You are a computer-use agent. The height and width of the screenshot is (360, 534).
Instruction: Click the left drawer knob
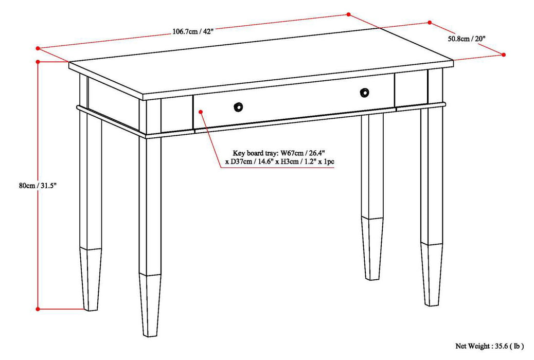(238, 107)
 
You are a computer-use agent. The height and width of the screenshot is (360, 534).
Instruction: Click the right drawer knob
(364, 92)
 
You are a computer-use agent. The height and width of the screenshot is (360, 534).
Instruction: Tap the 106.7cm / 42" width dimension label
(193, 32)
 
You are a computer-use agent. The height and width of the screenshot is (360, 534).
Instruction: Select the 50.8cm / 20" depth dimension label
(466, 39)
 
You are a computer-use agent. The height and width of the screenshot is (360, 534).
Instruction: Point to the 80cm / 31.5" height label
(37, 186)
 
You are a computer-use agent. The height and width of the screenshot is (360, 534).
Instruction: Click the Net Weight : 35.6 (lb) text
(489, 346)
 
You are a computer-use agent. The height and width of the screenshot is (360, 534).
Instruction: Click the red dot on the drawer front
(201, 112)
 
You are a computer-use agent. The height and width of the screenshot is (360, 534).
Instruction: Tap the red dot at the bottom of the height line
(38, 309)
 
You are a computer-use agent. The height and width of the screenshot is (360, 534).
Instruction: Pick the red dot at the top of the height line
(38, 62)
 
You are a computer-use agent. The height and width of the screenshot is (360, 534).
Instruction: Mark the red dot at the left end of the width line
(38, 48)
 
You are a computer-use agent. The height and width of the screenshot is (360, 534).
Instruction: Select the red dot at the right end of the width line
(348, 14)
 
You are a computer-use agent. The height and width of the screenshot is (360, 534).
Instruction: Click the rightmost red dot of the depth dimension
(504, 55)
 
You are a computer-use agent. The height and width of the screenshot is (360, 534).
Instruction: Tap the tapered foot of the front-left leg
(150, 305)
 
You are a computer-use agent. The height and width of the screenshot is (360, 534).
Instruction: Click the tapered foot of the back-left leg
(91, 279)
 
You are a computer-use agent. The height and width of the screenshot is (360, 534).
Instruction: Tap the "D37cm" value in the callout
(241, 162)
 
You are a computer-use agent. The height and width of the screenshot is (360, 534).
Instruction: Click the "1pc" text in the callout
(329, 162)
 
